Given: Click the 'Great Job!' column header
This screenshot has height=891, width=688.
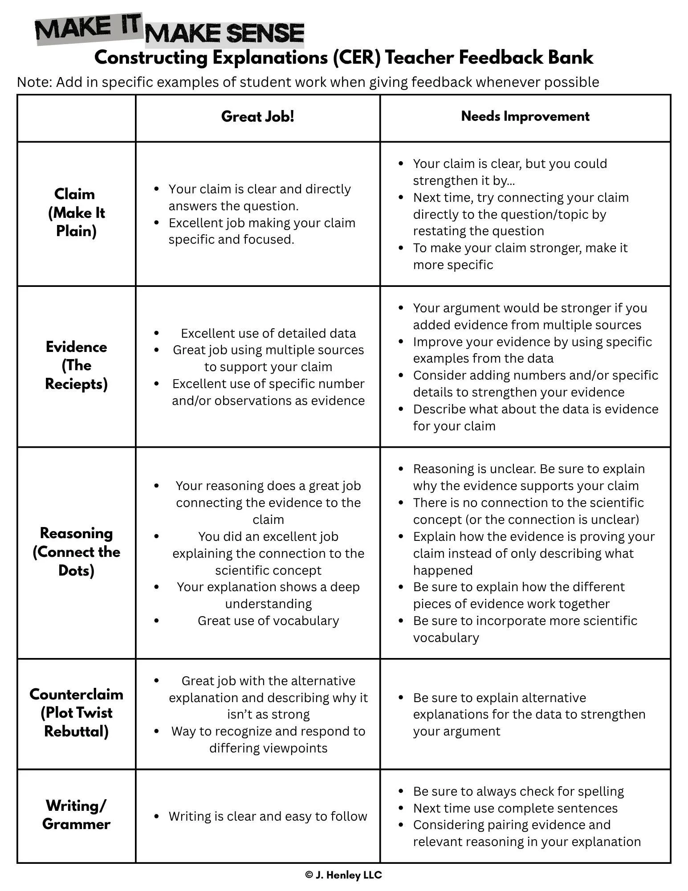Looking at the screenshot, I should [257, 117].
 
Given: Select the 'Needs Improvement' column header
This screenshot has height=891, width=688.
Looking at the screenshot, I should [525, 116].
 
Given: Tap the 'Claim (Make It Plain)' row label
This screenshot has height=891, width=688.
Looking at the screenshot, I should [76, 213].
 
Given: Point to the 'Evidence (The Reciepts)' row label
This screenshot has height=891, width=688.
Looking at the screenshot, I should [76, 365].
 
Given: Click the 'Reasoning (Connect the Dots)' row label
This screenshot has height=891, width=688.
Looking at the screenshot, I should [76, 552].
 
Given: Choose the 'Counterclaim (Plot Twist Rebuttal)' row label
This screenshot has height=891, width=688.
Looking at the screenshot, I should [76, 712].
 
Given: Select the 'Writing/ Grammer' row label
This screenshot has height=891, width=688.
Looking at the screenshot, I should [76, 814].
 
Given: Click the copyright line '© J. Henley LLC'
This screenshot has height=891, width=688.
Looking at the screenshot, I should [343, 875].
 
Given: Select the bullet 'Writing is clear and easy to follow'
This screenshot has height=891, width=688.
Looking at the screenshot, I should [268, 816].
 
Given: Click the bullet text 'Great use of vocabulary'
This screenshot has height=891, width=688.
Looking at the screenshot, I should [268, 621].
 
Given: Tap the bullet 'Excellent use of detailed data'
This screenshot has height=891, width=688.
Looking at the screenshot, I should [268, 333].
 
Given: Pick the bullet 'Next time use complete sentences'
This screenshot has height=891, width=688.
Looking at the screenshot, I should [515, 808].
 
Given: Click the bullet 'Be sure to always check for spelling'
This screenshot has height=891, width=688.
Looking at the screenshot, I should [518, 791].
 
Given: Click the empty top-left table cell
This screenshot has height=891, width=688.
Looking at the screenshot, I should [76, 118].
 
